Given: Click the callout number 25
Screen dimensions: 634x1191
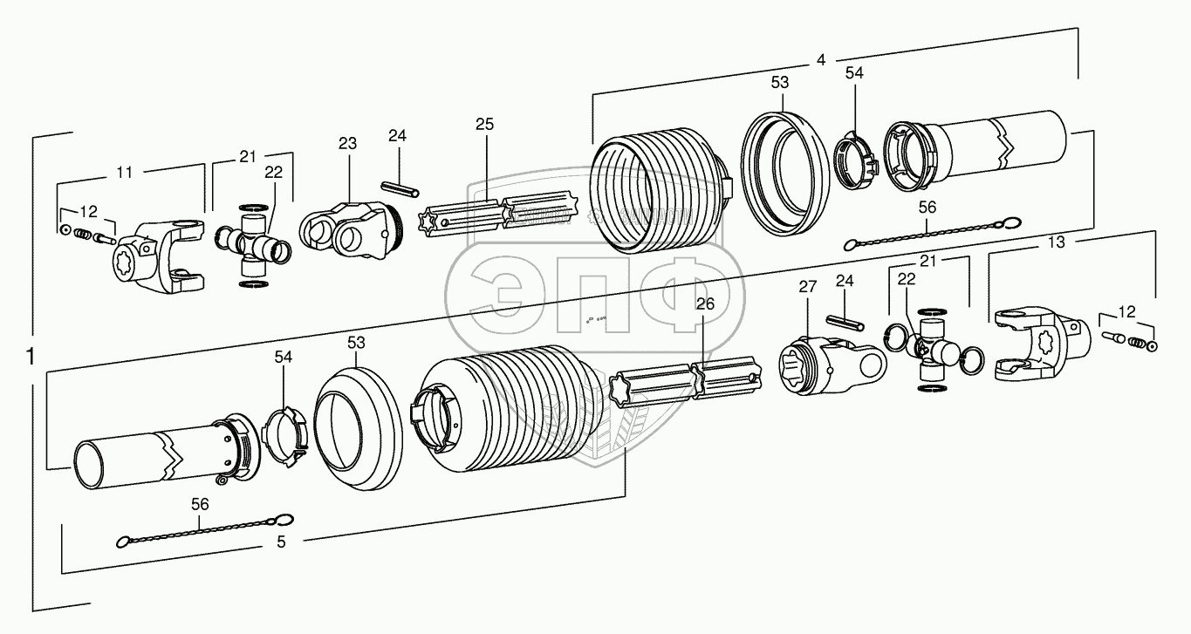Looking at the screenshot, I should pos(484,124).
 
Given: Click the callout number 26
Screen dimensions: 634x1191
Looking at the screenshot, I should pos(705,303).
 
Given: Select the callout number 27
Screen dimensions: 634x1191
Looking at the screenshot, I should pos(805,287).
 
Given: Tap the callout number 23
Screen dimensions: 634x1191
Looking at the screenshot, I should pos(348,143).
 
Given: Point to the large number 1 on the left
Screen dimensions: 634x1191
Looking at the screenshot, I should pos(31,357).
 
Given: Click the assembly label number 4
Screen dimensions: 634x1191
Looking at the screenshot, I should pos(820,60).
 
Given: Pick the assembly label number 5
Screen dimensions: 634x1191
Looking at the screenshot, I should pos(281,542).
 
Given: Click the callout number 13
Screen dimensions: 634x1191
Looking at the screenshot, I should pos(1057,243).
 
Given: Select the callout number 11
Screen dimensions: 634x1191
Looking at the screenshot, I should pos(125,173).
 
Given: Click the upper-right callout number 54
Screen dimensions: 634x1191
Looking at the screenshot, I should pos(854,73).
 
